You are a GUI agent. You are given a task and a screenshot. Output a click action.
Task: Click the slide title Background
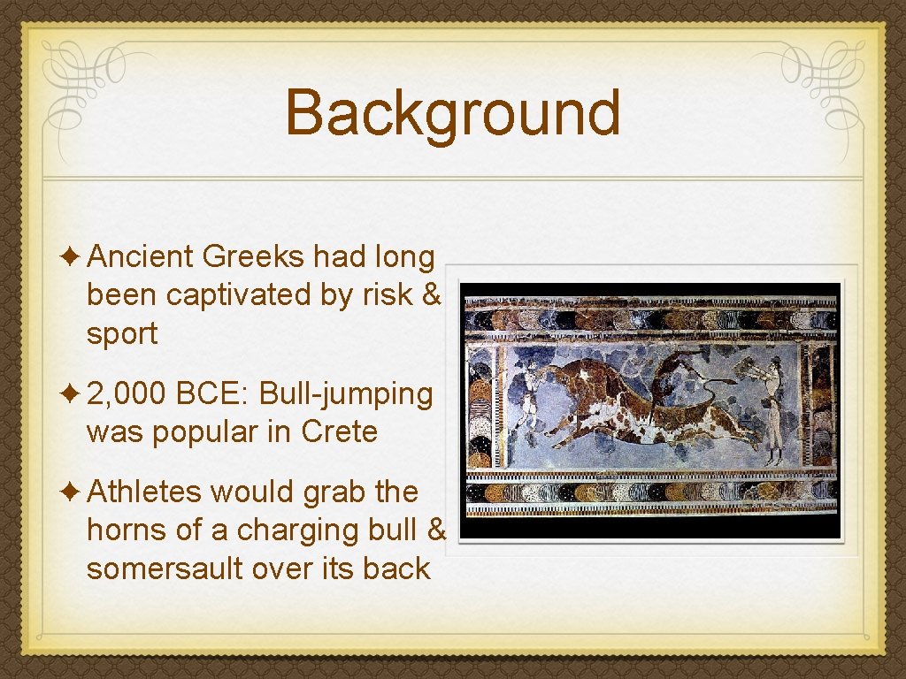coord(453,113)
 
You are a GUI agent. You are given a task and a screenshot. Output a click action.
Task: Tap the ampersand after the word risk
coord(432,295)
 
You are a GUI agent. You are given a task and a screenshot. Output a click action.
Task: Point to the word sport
coord(122,334)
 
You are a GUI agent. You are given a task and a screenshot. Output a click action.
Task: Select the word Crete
coord(340,432)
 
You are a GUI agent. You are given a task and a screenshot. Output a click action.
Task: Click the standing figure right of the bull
coord(773,408)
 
